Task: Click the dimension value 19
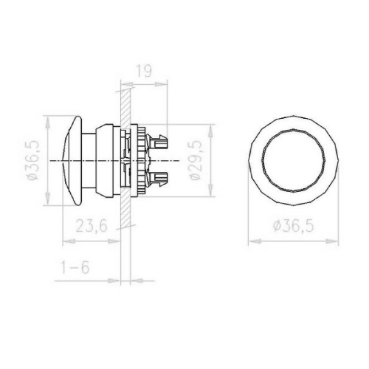(144, 72)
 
